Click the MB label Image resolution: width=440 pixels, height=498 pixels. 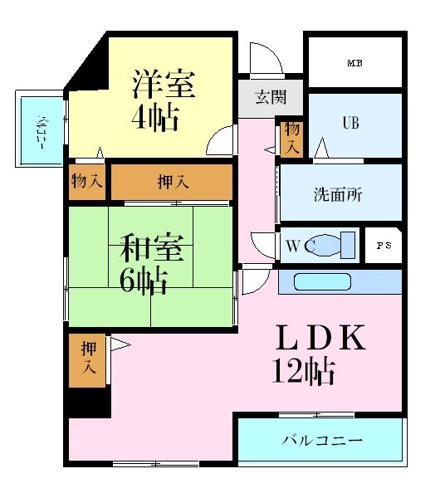pyautogui.click(x=354, y=63)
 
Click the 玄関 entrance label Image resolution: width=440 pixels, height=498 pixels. pyautogui.click(x=270, y=98)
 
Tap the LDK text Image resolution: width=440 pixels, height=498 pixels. pyautogui.click(x=320, y=338)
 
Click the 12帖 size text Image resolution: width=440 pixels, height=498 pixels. pyautogui.click(x=304, y=369)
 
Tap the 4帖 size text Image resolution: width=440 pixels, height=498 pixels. pyautogui.click(x=154, y=118)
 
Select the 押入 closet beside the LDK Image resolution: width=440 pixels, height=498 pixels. pyautogui.click(x=87, y=359)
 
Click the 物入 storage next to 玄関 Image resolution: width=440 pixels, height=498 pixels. pyautogui.click(x=291, y=138)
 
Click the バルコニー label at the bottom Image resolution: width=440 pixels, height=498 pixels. pyautogui.click(x=321, y=440)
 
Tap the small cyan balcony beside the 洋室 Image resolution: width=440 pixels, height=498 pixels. pyautogui.click(x=40, y=130)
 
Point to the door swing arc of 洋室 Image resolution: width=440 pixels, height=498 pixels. pyautogui.click(x=218, y=139)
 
